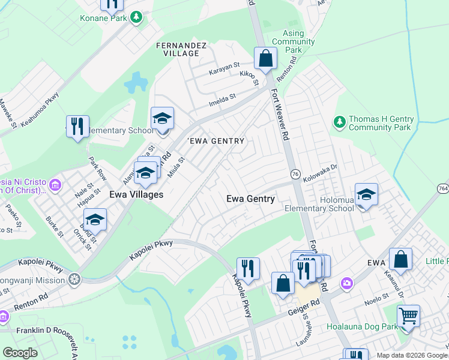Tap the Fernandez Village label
[x=181, y=49]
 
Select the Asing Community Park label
[x=293, y=41]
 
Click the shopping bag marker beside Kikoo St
[x=265, y=59]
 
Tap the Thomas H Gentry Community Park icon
[x=340, y=122]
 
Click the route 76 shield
[x=295, y=173]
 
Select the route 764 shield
[x=443, y=188]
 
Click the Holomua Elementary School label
[x=319, y=203]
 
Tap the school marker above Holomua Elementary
[x=366, y=195]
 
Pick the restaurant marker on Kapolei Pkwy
[x=247, y=269]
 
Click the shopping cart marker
[x=408, y=316]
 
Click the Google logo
[x=20, y=353]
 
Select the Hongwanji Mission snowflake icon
[x=74, y=280]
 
